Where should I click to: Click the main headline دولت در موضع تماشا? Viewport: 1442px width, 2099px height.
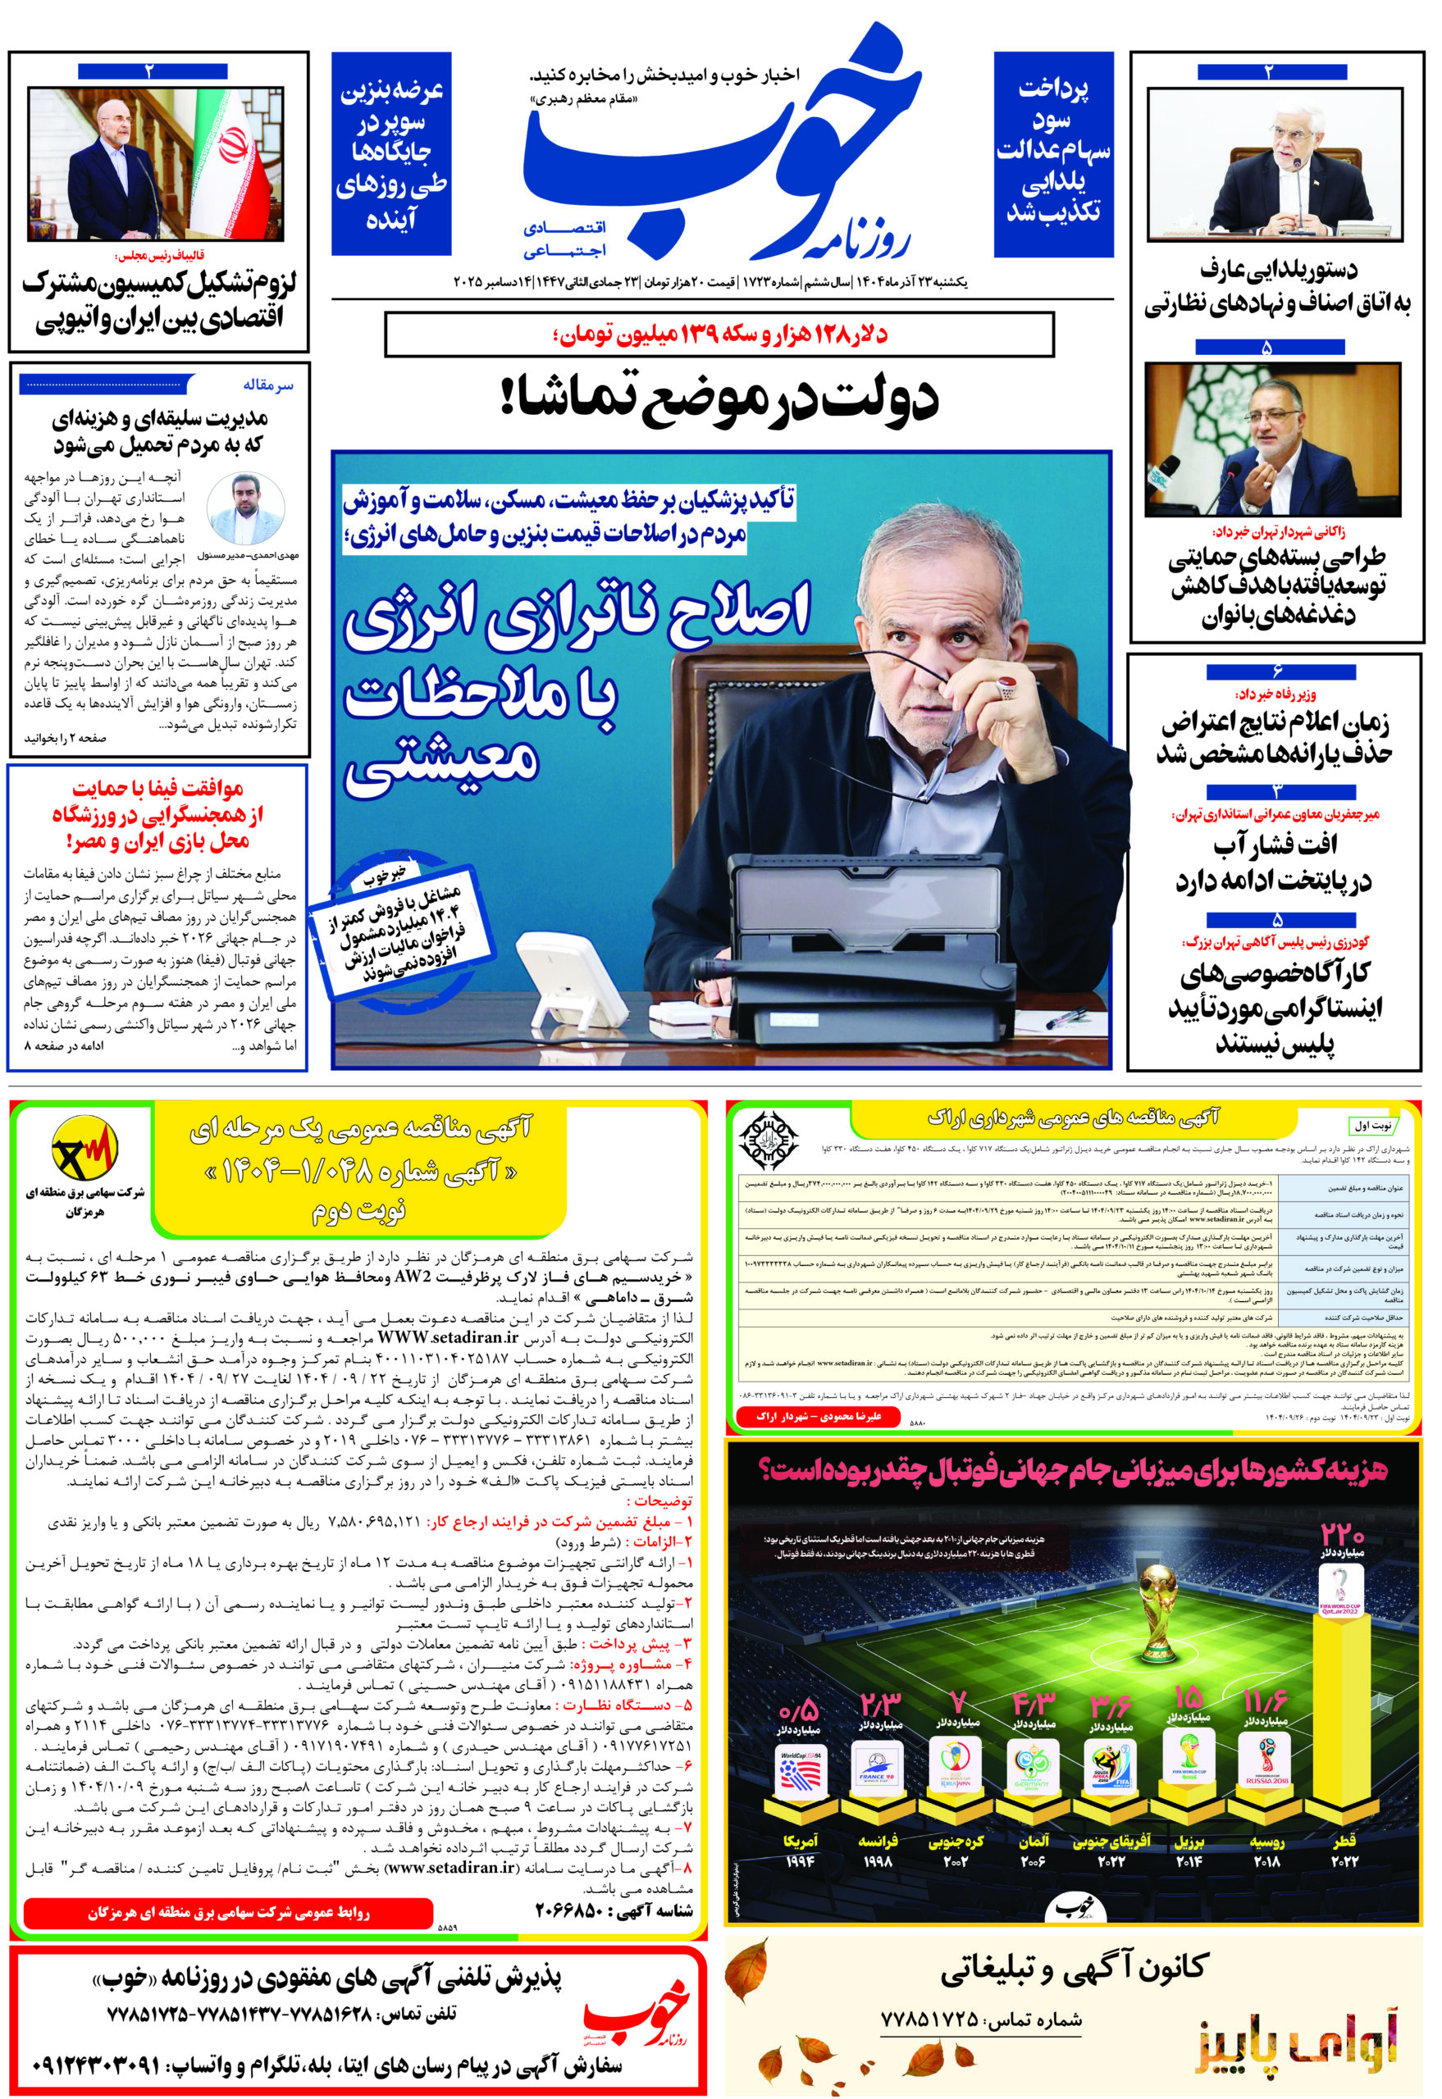(x=719, y=398)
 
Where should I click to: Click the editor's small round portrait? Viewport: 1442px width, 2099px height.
(x=246, y=509)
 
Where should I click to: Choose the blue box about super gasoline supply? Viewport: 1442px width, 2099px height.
(x=391, y=153)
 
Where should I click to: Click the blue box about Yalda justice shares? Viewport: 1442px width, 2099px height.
(x=1052, y=153)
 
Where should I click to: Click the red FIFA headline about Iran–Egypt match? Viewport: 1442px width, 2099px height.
(x=157, y=815)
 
